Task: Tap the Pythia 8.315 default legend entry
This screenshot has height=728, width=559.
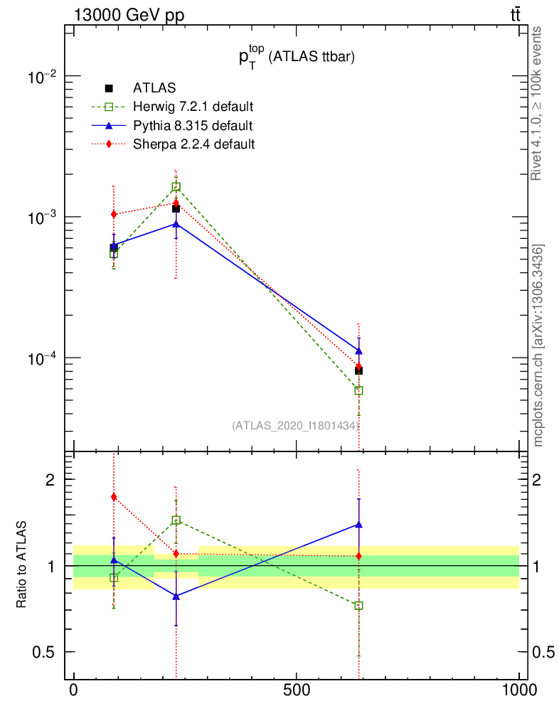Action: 192,125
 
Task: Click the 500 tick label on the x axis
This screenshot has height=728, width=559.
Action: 295,690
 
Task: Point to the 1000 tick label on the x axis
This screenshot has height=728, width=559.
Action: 519,690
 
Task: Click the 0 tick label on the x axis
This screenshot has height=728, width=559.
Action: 73,690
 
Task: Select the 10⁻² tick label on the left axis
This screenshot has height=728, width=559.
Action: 41,76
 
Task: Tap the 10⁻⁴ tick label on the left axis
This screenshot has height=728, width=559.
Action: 41,358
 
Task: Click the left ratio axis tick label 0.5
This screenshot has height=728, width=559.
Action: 42,652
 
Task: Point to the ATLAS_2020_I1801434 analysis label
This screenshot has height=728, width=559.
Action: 294,425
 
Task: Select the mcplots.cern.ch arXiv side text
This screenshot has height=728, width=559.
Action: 538,346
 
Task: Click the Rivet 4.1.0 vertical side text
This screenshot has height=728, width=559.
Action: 538,104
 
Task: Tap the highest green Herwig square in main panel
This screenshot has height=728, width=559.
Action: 176,187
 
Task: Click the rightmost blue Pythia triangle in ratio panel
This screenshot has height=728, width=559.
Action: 359,525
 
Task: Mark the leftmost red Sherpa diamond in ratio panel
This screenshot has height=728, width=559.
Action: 114,497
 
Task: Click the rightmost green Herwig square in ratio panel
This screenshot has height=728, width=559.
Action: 359,606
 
